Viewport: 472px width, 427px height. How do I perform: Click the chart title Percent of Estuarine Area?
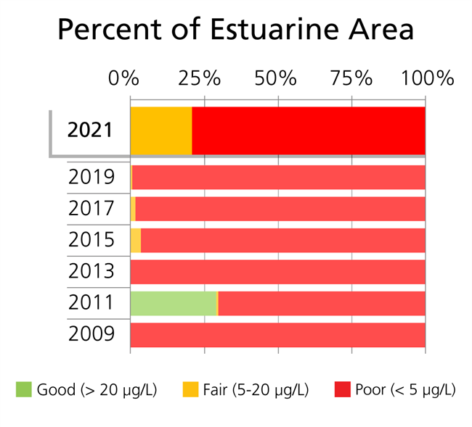click(x=235, y=30)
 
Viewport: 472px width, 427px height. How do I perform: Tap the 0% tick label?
click(x=123, y=78)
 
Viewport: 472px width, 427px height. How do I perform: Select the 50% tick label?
click(x=277, y=78)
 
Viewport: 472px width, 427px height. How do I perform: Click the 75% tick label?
click(x=351, y=78)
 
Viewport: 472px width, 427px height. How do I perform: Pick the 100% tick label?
click(x=424, y=78)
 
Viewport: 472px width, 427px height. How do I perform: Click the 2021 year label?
click(x=91, y=130)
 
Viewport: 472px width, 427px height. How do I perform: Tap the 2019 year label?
click(x=91, y=177)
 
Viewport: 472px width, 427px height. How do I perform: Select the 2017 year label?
click(x=91, y=209)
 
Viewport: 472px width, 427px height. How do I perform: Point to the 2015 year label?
click(x=91, y=240)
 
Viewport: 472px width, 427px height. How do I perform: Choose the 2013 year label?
click(x=91, y=271)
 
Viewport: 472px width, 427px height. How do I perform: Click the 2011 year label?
click(x=91, y=303)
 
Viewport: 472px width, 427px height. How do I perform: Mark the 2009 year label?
click(x=91, y=334)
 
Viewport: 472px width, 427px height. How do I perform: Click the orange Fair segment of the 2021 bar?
click(x=160, y=130)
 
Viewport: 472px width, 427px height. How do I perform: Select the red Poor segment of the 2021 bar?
click(x=309, y=130)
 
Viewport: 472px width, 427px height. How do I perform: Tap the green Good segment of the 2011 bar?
click(x=173, y=303)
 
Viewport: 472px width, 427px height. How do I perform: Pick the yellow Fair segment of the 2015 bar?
click(x=136, y=240)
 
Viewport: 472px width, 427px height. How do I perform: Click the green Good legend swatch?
click(x=24, y=390)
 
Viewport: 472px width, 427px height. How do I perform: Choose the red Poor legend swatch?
click(x=342, y=390)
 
